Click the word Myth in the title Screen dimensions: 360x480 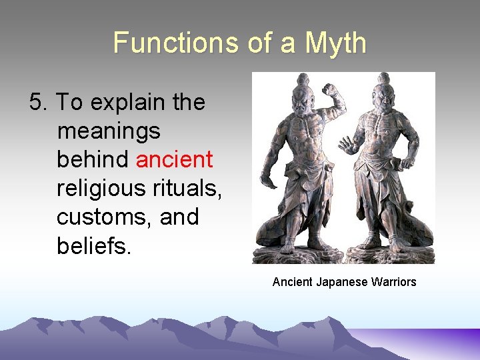335,43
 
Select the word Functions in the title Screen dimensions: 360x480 173,43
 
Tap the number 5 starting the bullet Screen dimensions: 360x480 36,103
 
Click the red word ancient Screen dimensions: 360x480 175,160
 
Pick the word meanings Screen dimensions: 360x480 109,131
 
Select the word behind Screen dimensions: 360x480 93,160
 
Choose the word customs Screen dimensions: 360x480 105,217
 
